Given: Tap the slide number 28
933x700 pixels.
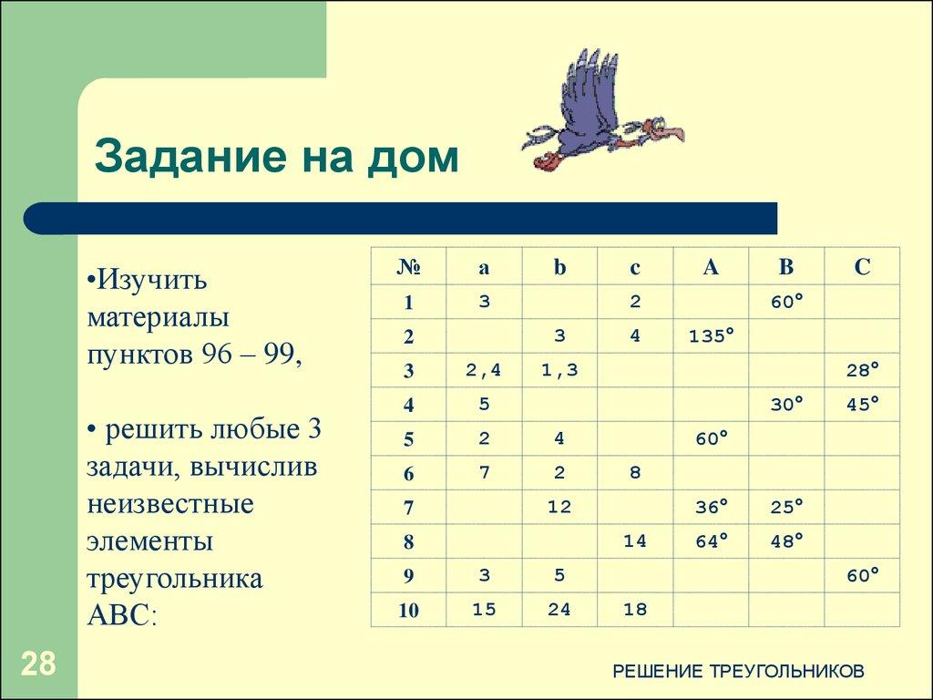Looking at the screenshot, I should [38, 664].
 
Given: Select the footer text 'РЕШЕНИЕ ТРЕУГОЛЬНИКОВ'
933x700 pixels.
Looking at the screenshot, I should [738, 672].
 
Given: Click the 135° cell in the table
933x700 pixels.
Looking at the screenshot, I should [711, 335].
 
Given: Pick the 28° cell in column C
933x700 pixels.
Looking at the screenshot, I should [862, 370].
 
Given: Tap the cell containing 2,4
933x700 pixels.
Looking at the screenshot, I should [483, 370].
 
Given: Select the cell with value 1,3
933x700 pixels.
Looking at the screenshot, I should [559, 370].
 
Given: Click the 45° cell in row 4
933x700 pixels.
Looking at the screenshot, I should [862, 404].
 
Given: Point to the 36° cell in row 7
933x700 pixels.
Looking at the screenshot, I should [711, 507].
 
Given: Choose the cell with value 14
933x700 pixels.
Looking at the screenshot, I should [635, 541].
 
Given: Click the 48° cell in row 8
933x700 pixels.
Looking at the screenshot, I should [786, 541].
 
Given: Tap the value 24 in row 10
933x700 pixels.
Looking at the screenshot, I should [559, 610].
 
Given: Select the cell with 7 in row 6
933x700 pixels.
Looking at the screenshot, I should [483, 472].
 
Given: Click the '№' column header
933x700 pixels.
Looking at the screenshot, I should [408, 267].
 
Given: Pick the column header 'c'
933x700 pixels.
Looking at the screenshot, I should [635, 267].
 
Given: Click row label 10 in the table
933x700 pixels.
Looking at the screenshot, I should [408, 611].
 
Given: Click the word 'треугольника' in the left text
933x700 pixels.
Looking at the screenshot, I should [175, 578].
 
